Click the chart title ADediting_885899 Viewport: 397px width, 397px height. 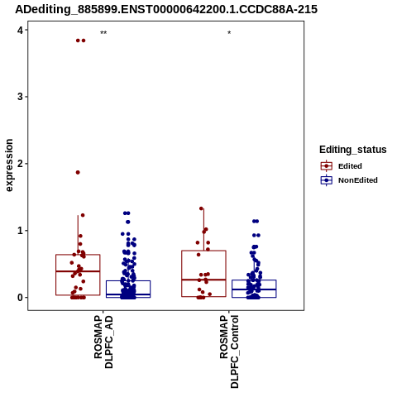pos(166,10)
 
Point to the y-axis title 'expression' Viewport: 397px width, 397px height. pos(9,165)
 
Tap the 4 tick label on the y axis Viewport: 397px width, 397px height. pos(20,30)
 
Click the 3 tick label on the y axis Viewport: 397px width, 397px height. pos(20,97)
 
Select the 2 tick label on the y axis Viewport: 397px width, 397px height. pos(20,164)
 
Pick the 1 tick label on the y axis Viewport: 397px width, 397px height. pos(20,231)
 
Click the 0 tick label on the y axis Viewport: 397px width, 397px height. pos(20,298)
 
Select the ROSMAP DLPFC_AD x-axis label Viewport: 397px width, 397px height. pos(103,342)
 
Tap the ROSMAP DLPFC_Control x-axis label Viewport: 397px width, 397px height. pos(229,352)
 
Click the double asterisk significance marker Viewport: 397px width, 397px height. pos(103,33)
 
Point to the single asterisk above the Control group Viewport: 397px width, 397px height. pos(229,33)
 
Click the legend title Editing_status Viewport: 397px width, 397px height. pos(353,150)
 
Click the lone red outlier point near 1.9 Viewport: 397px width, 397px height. pos(78,172)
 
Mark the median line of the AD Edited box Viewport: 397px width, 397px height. pos(78,271)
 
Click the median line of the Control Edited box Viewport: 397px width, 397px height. pos(203,280)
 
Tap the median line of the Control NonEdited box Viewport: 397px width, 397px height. pos(254,289)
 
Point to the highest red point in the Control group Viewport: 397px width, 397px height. pos(201,208)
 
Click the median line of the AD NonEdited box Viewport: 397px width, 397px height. pos(128,294)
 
